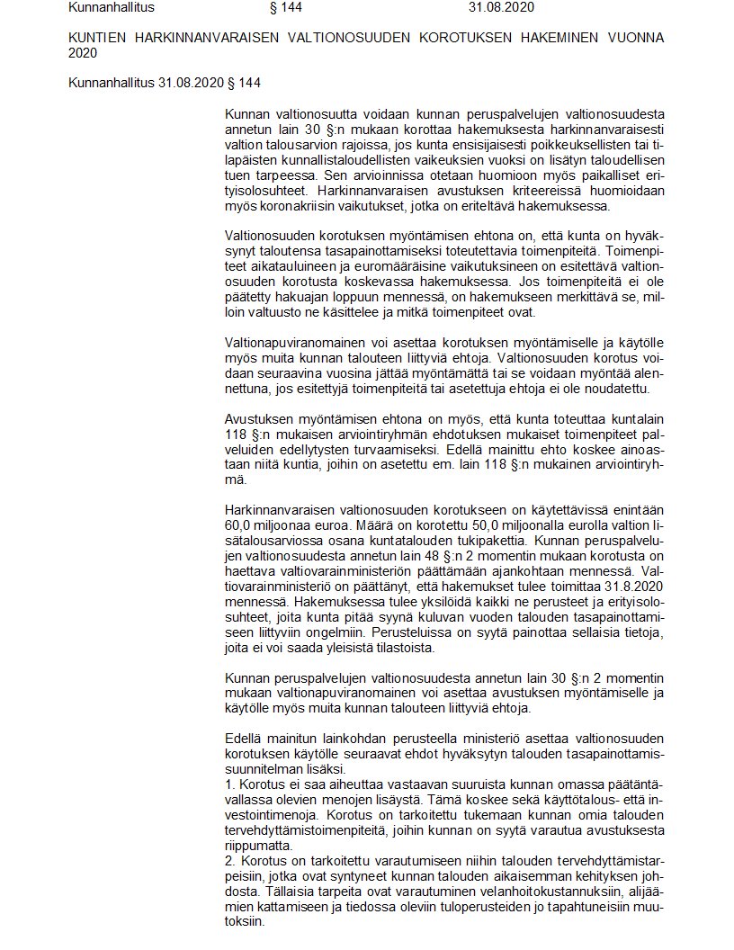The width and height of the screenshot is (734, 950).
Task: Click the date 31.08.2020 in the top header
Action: [501, 7]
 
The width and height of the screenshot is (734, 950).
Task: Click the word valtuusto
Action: [275, 312]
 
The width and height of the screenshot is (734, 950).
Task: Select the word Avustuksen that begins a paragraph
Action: [259, 421]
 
